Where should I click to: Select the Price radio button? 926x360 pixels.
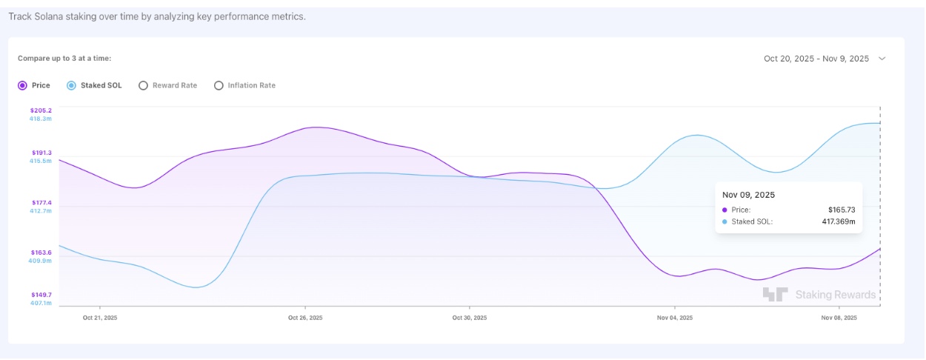pyautogui.click(x=22, y=86)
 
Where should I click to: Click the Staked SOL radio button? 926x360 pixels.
pyautogui.click(x=71, y=86)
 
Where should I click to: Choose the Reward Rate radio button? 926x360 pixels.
pyautogui.click(x=143, y=86)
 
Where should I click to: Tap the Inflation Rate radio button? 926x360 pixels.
pyautogui.click(x=219, y=86)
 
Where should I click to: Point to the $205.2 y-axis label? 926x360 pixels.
pyautogui.click(x=41, y=110)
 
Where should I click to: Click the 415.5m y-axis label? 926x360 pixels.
pyautogui.click(x=41, y=161)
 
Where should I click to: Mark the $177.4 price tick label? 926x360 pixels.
pyautogui.click(x=41, y=202)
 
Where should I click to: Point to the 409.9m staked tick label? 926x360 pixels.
pyautogui.click(x=41, y=261)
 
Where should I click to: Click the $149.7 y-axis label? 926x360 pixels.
pyautogui.click(x=41, y=295)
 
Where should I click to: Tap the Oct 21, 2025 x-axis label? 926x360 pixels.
pyautogui.click(x=100, y=318)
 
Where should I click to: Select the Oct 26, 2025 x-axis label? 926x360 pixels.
pyautogui.click(x=305, y=318)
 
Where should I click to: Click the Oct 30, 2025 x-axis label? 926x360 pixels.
pyautogui.click(x=470, y=318)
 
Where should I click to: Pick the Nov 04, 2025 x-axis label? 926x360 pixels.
pyautogui.click(x=675, y=318)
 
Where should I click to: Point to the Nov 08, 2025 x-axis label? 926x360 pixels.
pyautogui.click(x=839, y=318)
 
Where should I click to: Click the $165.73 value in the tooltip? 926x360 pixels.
pyautogui.click(x=842, y=210)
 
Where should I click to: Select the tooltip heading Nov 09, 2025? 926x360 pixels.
pyautogui.click(x=748, y=195)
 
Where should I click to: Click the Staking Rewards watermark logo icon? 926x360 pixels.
pyautogui.click(x=775, y=295)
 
